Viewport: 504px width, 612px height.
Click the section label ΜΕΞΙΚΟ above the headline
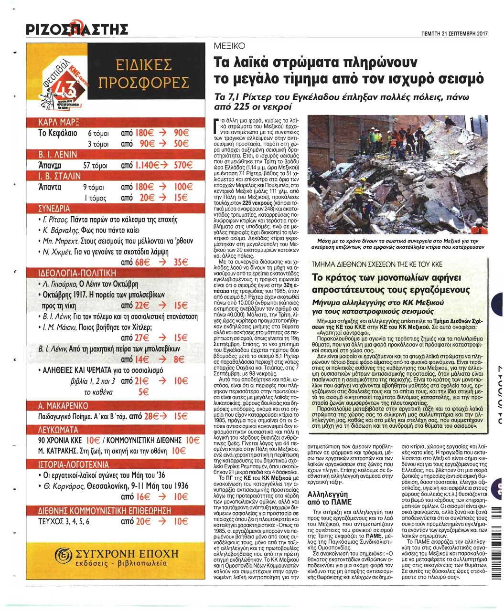[x=228, y=46]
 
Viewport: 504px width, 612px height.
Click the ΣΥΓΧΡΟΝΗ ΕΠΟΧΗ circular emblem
[x=62, y=556]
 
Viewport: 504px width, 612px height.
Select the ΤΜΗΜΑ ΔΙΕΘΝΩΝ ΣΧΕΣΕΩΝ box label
[x=377, y=264]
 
